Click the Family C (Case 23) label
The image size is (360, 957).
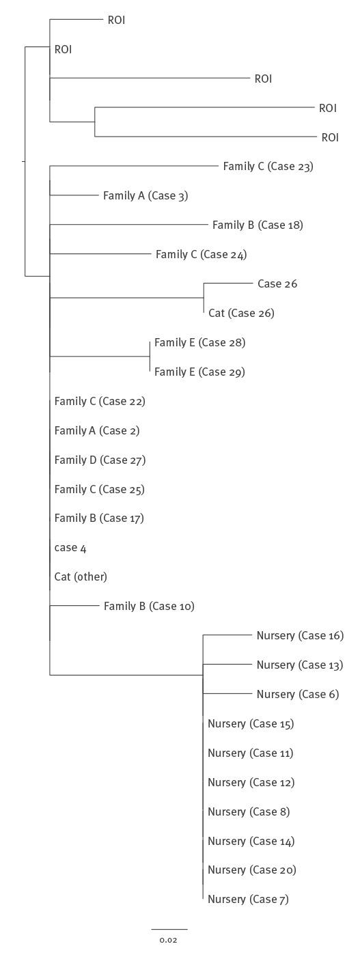[268, 167]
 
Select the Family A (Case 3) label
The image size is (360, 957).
[145, 196]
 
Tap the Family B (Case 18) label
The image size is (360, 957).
[257, 225]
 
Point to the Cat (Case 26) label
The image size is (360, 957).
[241, 314]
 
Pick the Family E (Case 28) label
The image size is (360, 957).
[199, 343]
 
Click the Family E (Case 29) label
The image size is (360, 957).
[199, 372]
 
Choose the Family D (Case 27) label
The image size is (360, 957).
[100, 460]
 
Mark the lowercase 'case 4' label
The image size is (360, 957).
[70, 548]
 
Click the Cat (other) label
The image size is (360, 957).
[81, 577]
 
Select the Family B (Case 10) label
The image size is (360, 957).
[149, 607]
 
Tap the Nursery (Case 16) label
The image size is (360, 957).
[300, 636]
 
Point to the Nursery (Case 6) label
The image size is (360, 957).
[297, 695]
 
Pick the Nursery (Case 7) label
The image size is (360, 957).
[248, 900]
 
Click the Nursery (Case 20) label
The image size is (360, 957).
[251, 870]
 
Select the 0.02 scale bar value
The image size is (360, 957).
[168, 941]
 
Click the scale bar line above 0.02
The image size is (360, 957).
[169, 929]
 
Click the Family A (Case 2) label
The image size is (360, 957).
[97, 431]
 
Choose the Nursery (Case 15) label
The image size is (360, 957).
[251, 724]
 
